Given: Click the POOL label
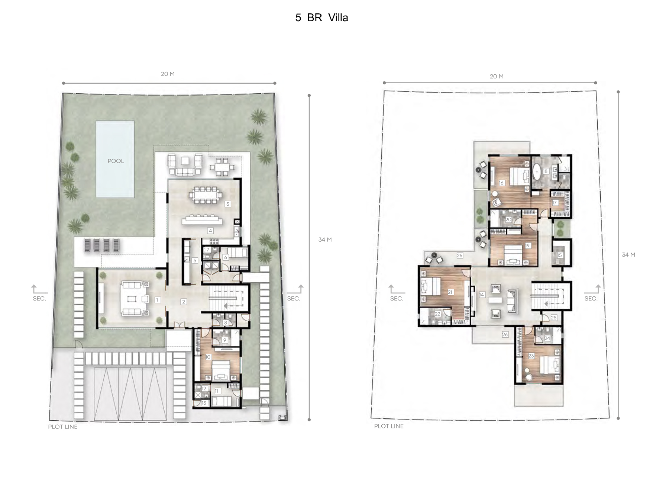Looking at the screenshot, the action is click(116, 161).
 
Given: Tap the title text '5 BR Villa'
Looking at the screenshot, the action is click(321, 18).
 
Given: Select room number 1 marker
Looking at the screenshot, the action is click(158, 300).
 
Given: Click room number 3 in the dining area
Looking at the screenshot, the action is click(228, 204).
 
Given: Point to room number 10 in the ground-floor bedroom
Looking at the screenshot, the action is click(208, 357).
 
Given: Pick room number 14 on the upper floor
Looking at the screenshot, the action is click(482, 295).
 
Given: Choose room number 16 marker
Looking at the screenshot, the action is click(501, 183).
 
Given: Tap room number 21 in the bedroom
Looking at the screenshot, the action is click(450, 292).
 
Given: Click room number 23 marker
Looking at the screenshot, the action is click(531, 356).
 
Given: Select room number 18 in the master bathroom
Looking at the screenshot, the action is click(546, 171).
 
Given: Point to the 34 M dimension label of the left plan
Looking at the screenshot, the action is click(325, 240).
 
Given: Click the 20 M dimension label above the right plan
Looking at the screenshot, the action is click(497, 77).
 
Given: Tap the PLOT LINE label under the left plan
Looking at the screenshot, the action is click(63, 427).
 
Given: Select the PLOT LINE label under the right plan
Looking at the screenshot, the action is click(389, 426).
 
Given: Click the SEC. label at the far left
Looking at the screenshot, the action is click(39, 299).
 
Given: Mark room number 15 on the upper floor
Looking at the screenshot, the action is click(560, 255).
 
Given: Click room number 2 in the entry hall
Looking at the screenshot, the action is click(184, 302).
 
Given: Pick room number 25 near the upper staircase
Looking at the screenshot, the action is click(554, 318).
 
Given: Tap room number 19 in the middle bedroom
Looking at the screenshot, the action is click(527, 246).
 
